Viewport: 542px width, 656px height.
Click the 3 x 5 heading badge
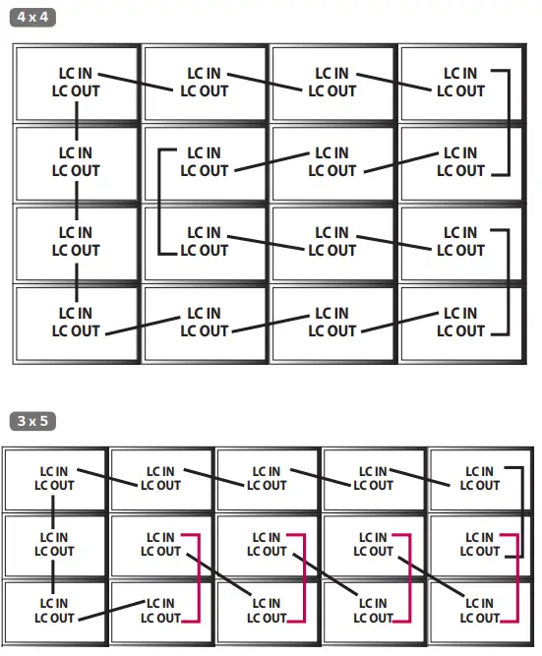(x=32, y=421)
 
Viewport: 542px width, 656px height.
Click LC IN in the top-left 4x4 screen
(x=76, y=73)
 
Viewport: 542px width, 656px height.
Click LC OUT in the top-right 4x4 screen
(x=460, y=90)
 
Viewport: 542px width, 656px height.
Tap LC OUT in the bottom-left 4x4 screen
(x=76, y=331)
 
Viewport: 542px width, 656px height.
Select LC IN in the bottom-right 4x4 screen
(x=460, y=314)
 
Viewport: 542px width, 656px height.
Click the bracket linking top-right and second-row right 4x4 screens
(x=509, y=122)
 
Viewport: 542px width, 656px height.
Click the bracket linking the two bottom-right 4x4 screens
(x=509, y=281)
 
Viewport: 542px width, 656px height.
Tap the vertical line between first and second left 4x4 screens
(x=76, y=122)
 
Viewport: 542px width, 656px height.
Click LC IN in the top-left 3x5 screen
(x=54, y=471)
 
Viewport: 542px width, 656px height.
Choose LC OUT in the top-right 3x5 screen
(x=479, y=485)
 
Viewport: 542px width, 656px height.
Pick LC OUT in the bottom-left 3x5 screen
(x=54, y=618)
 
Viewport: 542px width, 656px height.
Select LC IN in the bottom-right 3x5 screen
(x=479, y=604)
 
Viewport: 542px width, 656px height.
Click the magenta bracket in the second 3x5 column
(x=198, y=577)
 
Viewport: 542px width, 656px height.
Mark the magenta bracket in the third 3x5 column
(x=304, y=577)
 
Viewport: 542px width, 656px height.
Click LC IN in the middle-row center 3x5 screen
(x=267, y=537)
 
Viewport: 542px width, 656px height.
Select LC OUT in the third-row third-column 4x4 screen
(x=332, y=251)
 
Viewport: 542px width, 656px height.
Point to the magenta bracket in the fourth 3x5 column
(x=410, y=577)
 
